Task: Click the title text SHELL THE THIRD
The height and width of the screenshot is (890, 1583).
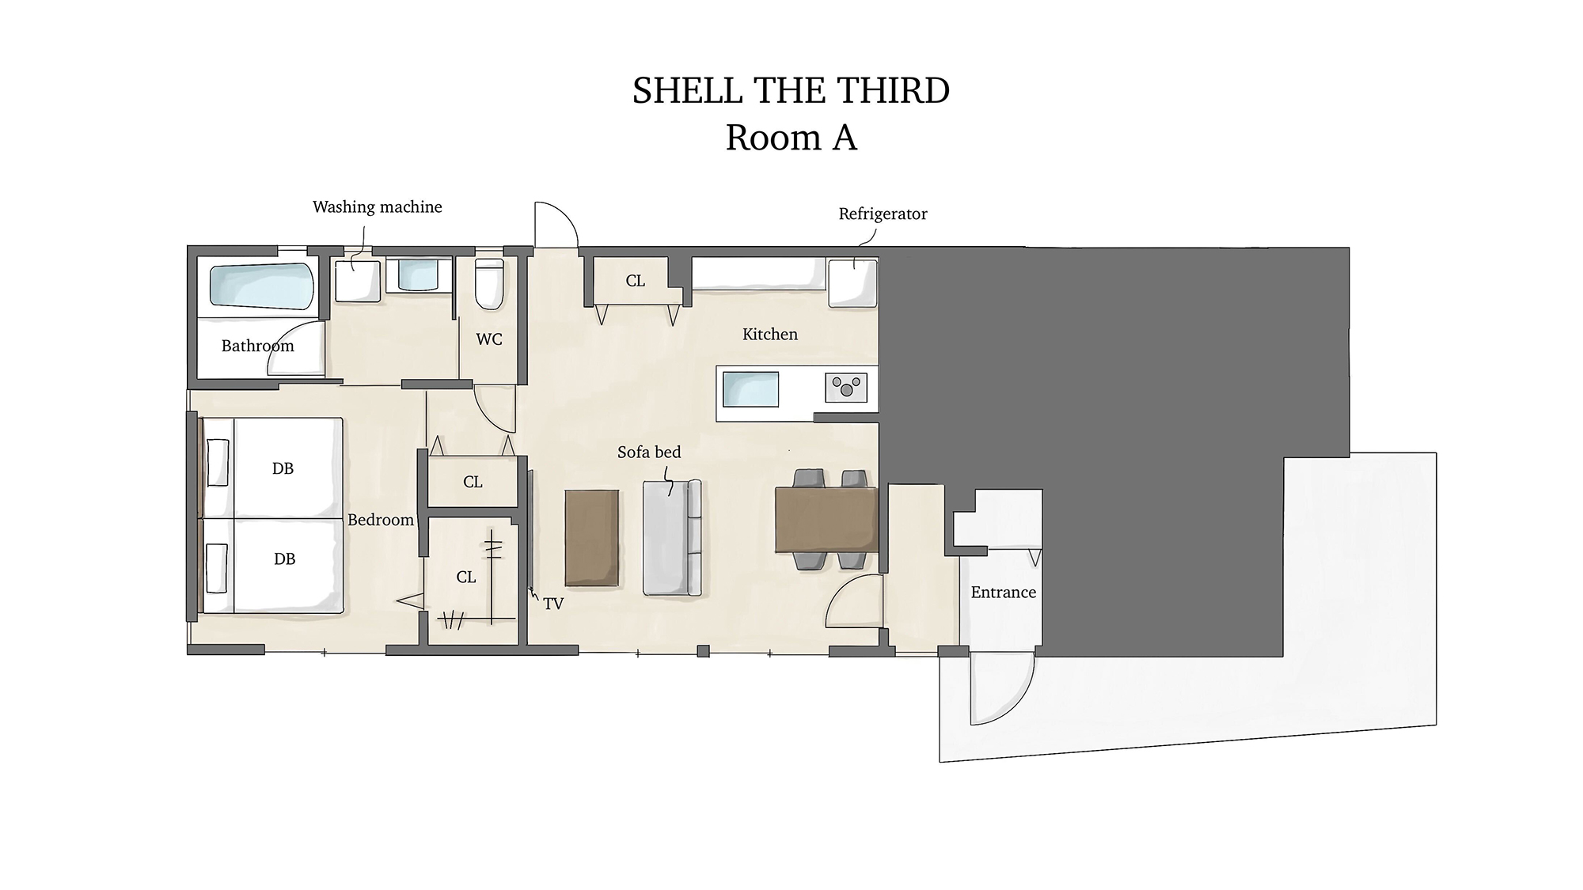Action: point(791,91)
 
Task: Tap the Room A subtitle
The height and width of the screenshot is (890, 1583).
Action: point(791,138)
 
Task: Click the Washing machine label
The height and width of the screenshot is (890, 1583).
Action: point(378,207)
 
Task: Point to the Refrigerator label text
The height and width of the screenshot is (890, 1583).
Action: point(883,214)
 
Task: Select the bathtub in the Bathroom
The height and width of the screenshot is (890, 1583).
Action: point(262,286)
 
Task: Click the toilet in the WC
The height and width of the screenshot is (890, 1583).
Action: point(489,283)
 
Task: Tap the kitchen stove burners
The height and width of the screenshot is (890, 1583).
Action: point(846,388)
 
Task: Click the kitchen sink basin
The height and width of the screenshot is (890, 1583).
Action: point(750,389)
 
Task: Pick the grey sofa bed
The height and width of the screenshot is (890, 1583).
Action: point(672,537)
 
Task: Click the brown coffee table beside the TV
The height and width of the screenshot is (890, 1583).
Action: point(592,538)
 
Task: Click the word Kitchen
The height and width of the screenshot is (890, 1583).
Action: point(770,335)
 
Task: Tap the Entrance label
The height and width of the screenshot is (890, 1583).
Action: point(1004,593)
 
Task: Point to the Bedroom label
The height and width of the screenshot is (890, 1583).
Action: point(381,520)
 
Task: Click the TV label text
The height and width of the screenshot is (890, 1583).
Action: point(553,604)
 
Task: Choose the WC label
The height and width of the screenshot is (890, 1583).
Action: point(489,339)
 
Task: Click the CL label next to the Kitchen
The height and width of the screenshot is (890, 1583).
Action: point(636,281)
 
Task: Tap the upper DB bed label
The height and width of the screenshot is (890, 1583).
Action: point(283,468)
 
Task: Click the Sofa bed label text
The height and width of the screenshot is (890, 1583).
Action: point(649,453)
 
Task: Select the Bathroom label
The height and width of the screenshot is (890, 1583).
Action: point(257,346)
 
